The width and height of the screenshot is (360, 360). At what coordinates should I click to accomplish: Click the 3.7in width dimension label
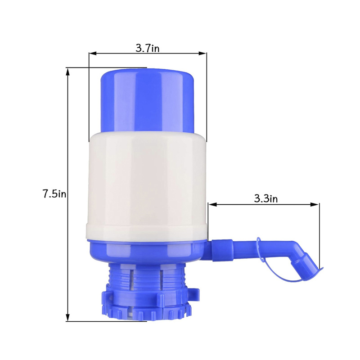click(x=147, y=48)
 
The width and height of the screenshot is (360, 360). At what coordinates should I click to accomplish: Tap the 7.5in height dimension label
click(x=54, y=194)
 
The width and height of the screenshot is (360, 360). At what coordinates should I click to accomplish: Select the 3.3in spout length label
click(x=265, y=198)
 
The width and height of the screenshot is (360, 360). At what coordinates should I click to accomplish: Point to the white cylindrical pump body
click(x=147, y=184)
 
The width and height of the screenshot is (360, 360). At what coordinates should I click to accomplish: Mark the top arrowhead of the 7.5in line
click(x=68, y=71)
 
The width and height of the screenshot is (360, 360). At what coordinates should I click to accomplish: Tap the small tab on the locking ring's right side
click(x=194, y=294)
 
